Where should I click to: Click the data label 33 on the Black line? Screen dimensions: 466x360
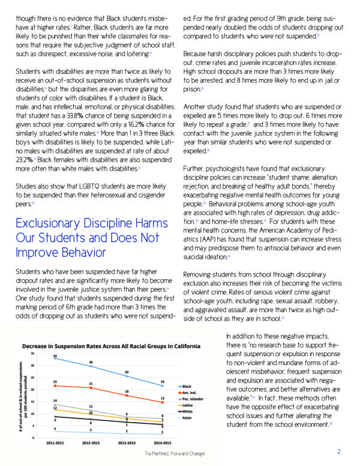point(55,356)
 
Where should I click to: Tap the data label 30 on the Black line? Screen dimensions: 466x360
point(91,363)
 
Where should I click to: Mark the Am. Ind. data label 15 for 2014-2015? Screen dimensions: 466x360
point(163,399)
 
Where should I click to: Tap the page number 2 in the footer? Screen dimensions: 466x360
point(339,452)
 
